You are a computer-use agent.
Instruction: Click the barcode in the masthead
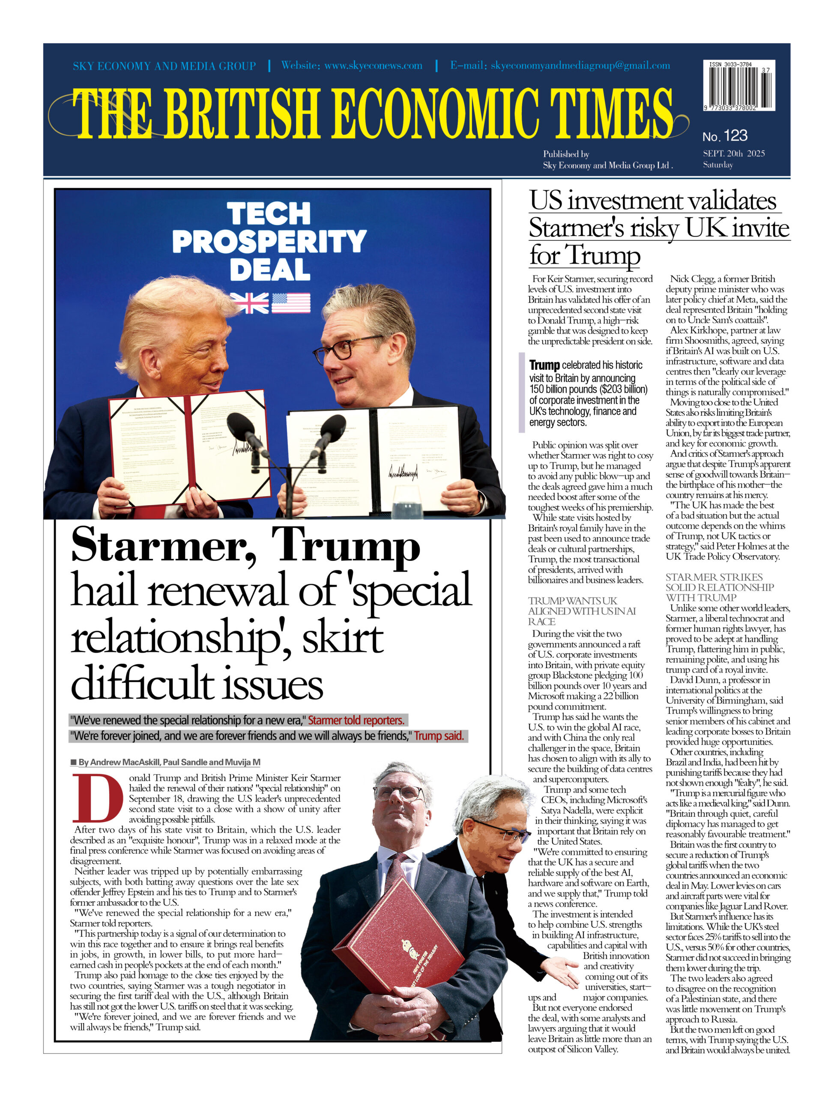(x=738, y=85)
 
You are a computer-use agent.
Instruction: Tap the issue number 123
(x=736, y=135)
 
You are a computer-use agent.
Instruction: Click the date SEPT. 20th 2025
(x=734, y=153)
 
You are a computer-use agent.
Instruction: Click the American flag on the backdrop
(x=291, y=303)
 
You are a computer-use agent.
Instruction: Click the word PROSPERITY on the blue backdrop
(x=269, y=242)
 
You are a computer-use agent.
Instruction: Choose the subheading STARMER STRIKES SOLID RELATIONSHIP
(x=719, y=587)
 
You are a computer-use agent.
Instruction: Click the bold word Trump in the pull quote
(x=544, y=366)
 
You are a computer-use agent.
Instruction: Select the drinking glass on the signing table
(x=406, y=501)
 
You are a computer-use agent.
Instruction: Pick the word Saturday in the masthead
(x=717, y=165)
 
